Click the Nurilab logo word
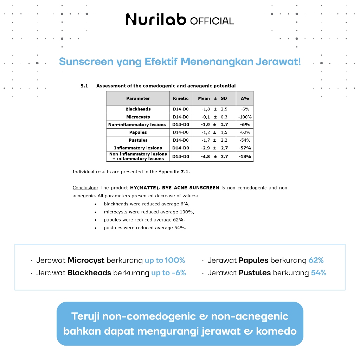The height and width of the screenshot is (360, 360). pyautogui.click(x=156, y=19)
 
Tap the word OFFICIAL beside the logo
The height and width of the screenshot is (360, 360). pyautogui.click(x=212, y=21)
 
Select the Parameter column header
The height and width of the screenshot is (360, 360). pyautogui.click(x=138, y=98)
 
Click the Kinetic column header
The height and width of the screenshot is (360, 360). pyautogui.click(x=181, y=98)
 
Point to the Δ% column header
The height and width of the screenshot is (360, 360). pyautogui.click(x=245, y=98)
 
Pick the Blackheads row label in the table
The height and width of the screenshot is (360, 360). pyautogui.click(x=138, y=109)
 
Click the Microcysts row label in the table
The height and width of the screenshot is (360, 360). pyautogui.click(x=138, y=117)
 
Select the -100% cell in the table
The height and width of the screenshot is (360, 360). pyautogui.click(x=245, y=117)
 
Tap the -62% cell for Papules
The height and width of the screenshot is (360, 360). pyautogui.click(x=245, y=133)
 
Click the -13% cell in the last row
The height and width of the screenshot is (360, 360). pyautogui.click(x=245, y=156)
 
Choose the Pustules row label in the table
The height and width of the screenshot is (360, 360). pyautogui.click(x=138, y=140)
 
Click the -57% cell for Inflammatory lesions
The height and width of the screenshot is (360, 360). pyautogui.click(x=245, y=148)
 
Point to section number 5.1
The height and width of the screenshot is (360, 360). pyautogui.click(x=84, y=86)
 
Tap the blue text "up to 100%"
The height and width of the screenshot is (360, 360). pyautogui.click(x=165, y=261)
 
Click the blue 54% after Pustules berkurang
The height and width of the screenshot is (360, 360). pyautogui.click(x=319, y=273)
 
